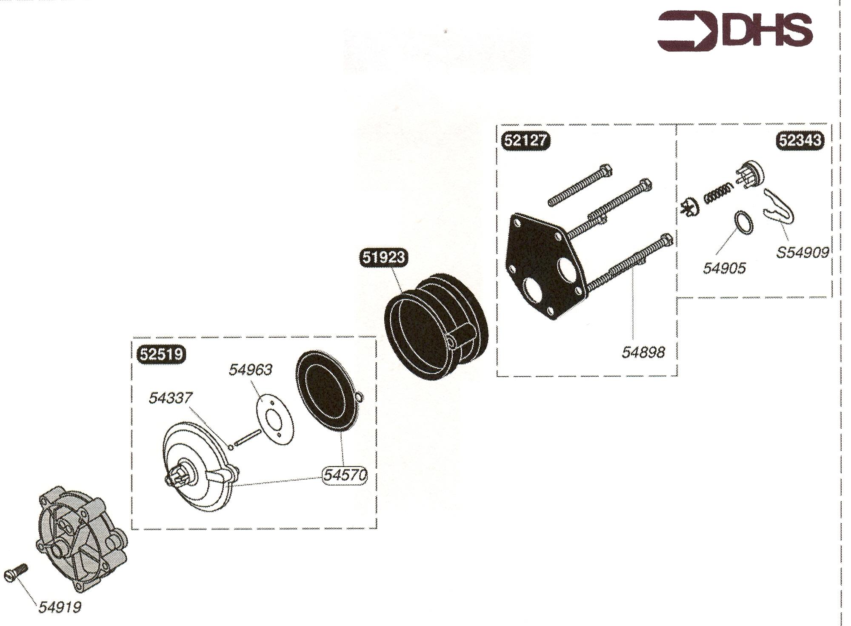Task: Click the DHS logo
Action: coord(735,31)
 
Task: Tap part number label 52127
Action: coord(525,140)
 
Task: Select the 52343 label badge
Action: coord(800,140)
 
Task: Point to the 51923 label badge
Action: coord(384,258)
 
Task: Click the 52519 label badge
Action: coord(162,354)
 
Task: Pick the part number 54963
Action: coord(251,370)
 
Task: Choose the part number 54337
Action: coord(171,398)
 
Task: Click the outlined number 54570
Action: coord(345,475)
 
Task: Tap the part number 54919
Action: coord(60,608)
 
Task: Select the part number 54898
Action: coord(643,353)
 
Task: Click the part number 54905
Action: coord(724,268)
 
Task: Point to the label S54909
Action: coord(803,253)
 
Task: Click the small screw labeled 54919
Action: coord(16,572)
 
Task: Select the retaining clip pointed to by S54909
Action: coord(779,207)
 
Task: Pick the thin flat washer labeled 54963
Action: coord(275,420)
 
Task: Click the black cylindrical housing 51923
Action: coord(436,327)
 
